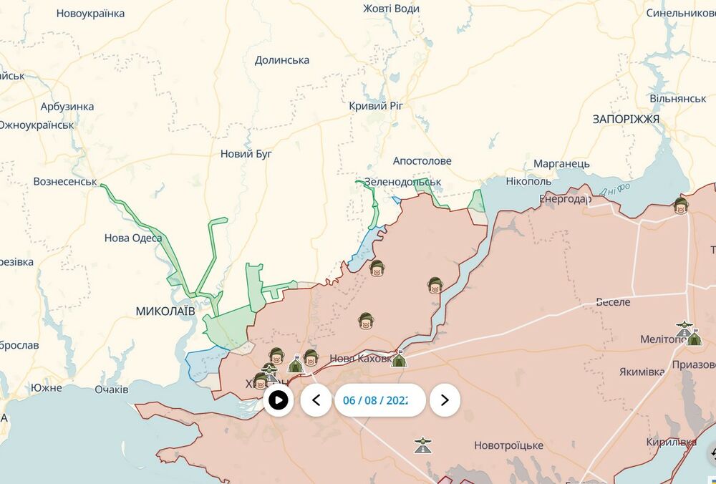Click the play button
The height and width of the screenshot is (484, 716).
click(x=278, y=400)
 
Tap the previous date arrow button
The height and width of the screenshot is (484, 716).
click(x=316, y=400)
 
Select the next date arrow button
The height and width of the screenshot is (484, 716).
click(x=445, y=400)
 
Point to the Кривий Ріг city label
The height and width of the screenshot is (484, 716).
click(x=377, y=105)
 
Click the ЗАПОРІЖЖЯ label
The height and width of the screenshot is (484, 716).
click(x=625, y=119)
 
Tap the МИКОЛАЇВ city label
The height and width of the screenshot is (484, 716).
click(x=165, y=311)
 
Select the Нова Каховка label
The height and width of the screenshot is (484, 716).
click(x=359, y=359)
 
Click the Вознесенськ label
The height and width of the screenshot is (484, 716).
click(x=65, y=181)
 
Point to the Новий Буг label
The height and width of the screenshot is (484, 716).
click(x=246, y=153)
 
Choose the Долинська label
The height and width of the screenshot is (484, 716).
click(x=282, y=60)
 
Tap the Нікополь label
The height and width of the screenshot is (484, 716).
click(x=528, y=181)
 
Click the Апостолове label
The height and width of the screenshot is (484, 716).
click(x=422, y=161)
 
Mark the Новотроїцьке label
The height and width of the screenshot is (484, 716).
click(x=508, y=445)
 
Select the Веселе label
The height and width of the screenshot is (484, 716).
click(x=613, y=302)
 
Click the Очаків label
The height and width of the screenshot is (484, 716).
click(x=112, y=389)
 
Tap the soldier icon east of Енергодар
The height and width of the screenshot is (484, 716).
click(x=680, y=206)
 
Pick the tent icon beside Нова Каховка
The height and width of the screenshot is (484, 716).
click(x=400, y=359)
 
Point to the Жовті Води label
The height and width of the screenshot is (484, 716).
click(x=391, y=9)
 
